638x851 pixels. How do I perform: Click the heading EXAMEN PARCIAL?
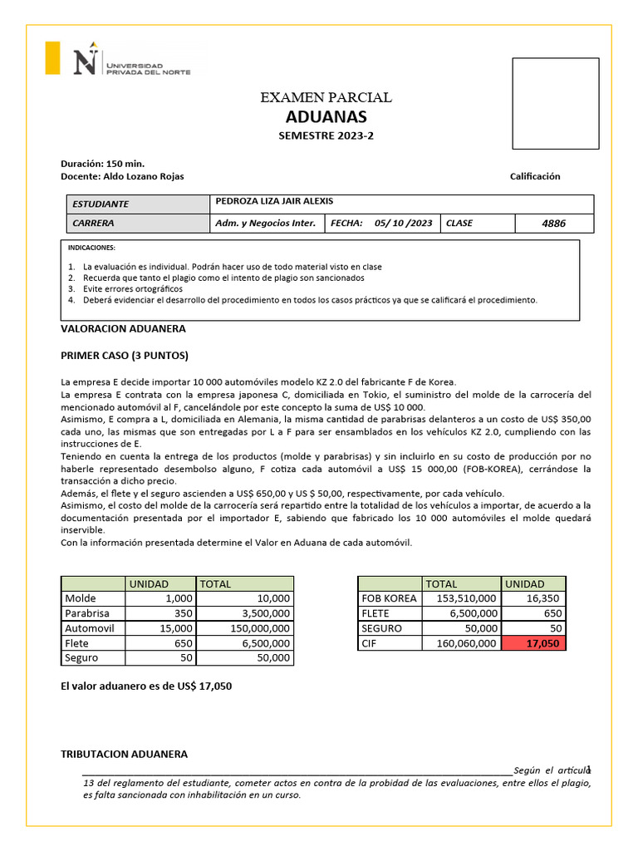coord(326,98)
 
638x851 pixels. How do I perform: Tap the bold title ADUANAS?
coord(326,117)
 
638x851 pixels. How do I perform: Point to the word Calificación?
coord(535,176)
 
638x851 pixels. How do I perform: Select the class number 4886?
coord(553,224)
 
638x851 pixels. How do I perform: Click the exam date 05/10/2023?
coord(403,224)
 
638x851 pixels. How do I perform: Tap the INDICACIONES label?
coord(93,248)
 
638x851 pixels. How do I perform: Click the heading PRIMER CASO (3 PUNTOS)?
coord(125,356)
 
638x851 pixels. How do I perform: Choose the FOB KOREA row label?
coord(389,598)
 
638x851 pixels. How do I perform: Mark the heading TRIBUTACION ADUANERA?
coord(124,754)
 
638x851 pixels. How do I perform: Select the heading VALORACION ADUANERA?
coord(123,329)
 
